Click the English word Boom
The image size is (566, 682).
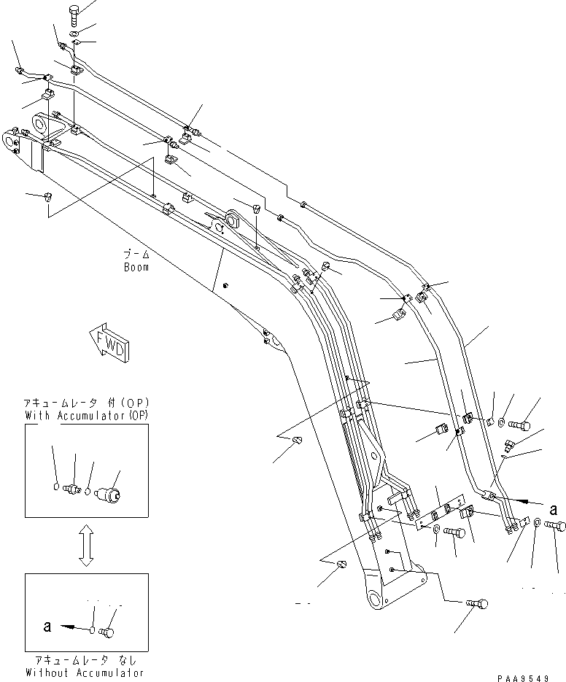pos(136,267)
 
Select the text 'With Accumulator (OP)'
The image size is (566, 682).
pos(86,416)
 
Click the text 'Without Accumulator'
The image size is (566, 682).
pos(85,672)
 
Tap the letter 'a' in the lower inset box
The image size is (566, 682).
pos(47,625)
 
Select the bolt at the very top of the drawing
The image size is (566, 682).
pos(75,11)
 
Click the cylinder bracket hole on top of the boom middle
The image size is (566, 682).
pos(233,218)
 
